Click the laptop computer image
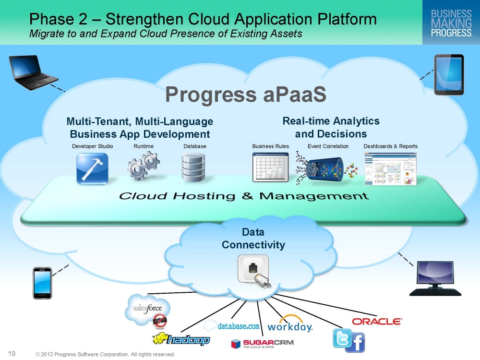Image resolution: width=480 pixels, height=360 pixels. click(x=33, y=72)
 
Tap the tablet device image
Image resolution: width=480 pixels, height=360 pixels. click(x=449, y=75)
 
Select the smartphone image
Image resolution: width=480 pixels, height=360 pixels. click(x=42, y=283)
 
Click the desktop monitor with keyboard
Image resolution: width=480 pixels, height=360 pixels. click(x=435, y=278)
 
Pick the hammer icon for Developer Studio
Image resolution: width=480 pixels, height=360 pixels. click(x=92, y=168)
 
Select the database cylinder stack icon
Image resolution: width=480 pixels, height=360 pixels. click(x=193, y=168)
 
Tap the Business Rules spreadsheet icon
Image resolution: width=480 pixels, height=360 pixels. click(x=271, y=168)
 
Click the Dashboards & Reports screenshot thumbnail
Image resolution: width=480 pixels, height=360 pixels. click(x=391, y=169)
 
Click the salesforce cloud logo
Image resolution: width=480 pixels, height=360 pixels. click(x=147, y=309)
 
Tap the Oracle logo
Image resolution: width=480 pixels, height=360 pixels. click(x=377, y=322)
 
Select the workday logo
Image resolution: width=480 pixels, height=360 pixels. click(x=290, y=324)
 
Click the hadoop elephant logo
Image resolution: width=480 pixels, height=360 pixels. click(x=181, y=339)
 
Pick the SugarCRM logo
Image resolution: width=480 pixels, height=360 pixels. click(x=263, y=344)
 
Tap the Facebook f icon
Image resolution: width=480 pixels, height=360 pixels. click(x=355, y=342)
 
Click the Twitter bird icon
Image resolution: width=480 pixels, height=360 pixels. click(x=342, y=338)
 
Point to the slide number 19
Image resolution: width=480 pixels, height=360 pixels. click(x=12, y=354)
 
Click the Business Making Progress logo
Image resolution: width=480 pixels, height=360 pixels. click(x=451, y=23)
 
